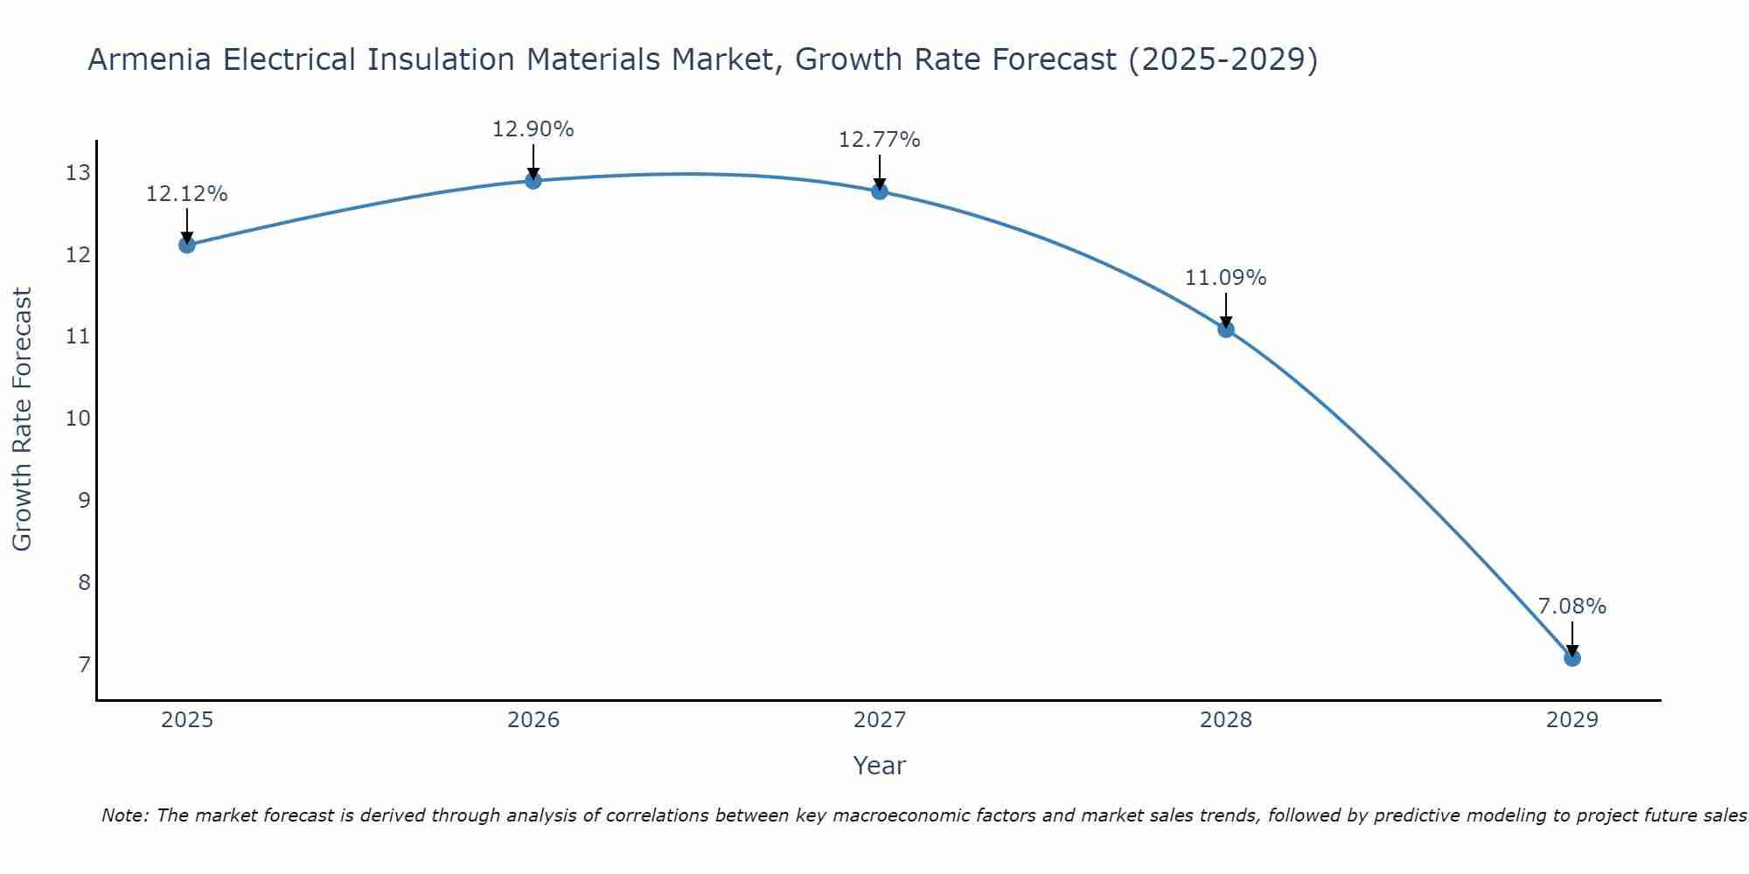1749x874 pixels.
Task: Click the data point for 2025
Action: point(186,245)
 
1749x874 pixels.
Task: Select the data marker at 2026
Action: point(533,181)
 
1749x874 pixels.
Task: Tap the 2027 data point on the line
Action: point(879,191)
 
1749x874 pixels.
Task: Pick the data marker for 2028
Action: point(1225,329)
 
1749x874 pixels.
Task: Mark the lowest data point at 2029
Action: point(1571,658)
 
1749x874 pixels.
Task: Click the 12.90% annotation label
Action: point(533,129)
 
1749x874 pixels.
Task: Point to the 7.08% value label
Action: point(1571,607)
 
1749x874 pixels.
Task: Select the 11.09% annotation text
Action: point(1225,278)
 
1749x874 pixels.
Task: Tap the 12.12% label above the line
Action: point(186,194)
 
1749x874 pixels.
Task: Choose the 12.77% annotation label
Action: point(879,140)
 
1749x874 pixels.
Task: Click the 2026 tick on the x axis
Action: point(533,720)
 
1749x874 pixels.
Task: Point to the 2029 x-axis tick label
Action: point(1571,720)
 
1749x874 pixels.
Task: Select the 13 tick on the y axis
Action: point(78,173)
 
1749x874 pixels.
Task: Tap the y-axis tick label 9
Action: point(84,501)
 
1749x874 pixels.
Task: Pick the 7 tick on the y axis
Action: point(84,665)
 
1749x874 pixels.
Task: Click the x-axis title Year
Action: point(879,766)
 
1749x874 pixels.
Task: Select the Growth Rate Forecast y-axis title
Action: point(22,420)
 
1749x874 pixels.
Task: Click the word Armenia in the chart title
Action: point(149,59)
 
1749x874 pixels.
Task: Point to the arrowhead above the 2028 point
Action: point(1225,322)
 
